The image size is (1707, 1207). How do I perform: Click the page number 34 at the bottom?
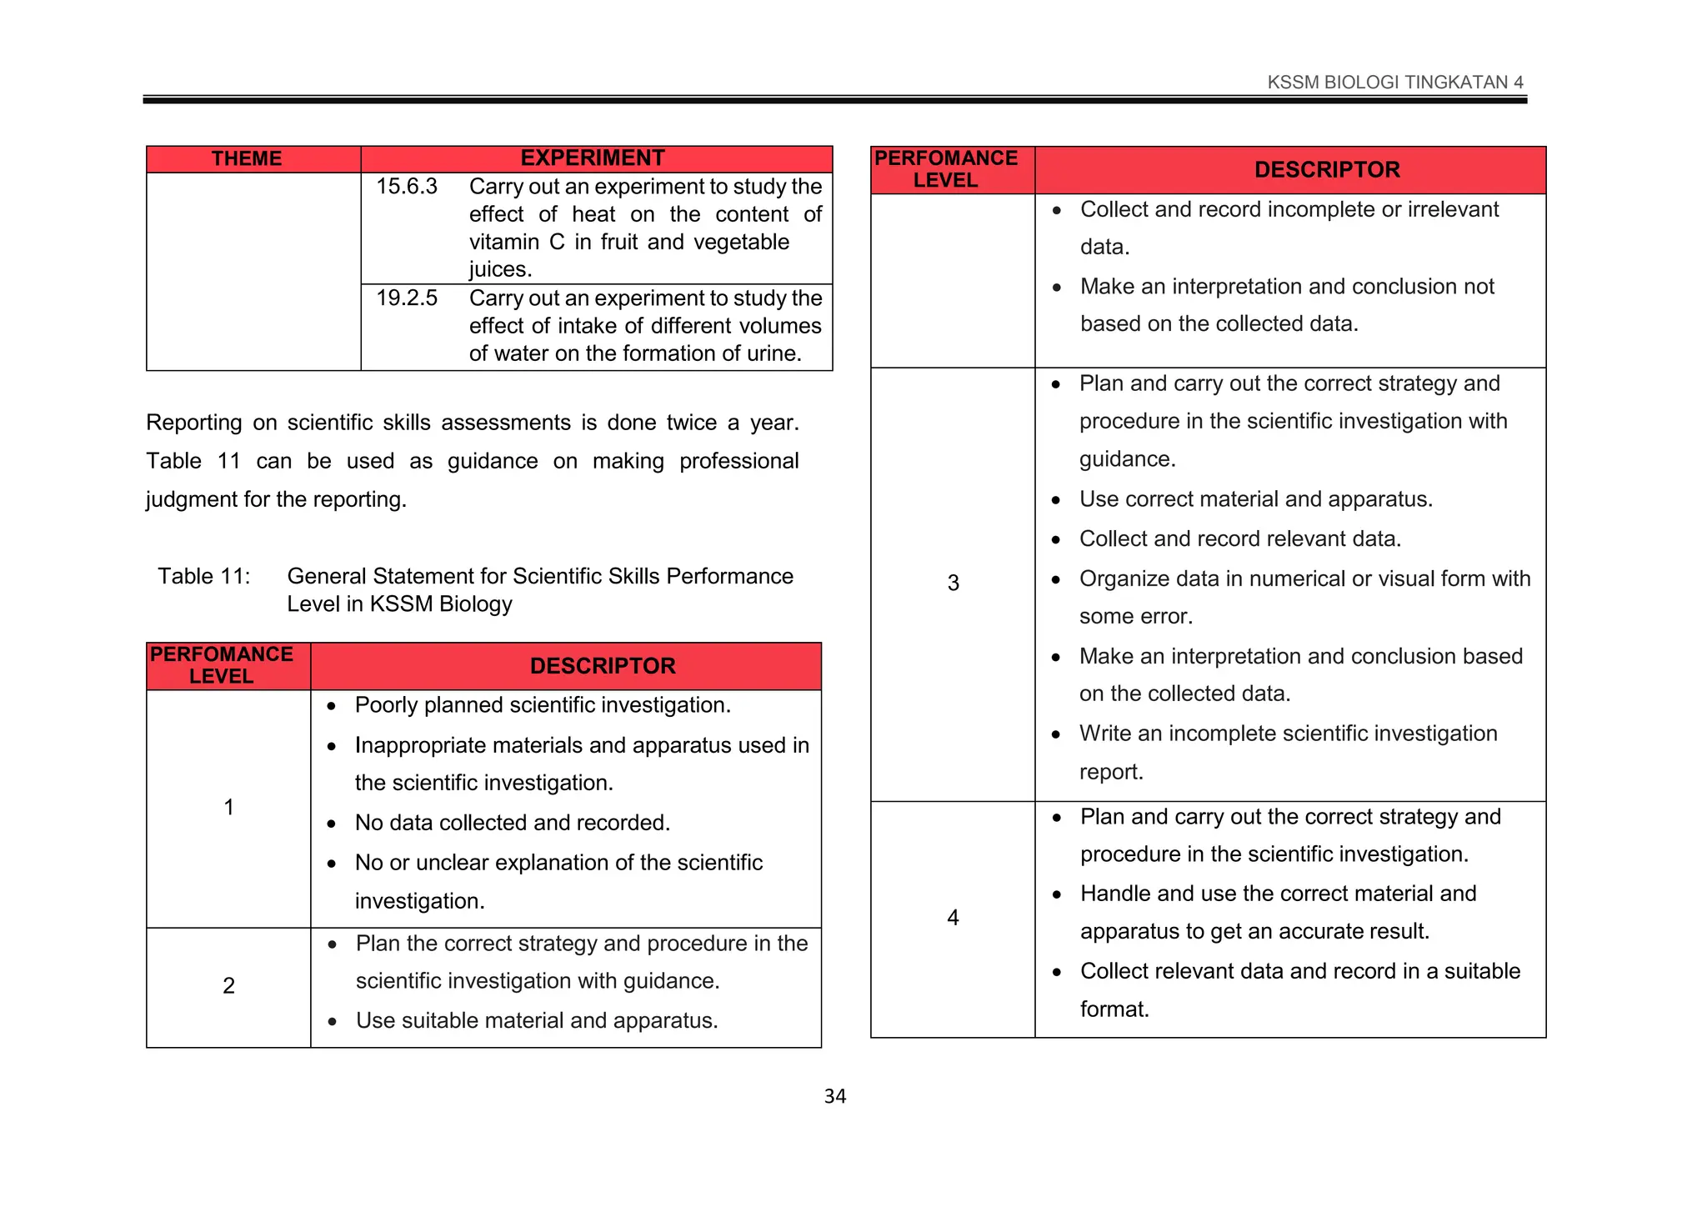tap(834, 1096)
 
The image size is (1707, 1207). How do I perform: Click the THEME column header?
tap(246, 158)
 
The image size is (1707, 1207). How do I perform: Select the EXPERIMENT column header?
tap(592, 158)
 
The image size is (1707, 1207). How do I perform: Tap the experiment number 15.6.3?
tap(406, 186)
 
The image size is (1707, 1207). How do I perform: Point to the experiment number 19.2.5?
tap(406, 298)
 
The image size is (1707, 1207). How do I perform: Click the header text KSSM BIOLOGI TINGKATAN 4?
tap(1394, 82)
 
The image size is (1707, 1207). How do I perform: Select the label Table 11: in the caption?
tap(204, 576)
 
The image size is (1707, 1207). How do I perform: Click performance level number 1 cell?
tap(228, 807)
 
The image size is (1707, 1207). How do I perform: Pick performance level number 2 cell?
tap(228, 985)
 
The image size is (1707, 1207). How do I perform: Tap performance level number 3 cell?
tap(953, 583)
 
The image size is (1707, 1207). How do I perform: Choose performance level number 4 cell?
tap(953, 918)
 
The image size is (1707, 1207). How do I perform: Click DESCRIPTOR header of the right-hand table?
tap(1326, 169)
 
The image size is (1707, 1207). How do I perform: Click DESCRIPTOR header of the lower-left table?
tap(602, 665)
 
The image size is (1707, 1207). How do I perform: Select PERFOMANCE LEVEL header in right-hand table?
tap(945, 169)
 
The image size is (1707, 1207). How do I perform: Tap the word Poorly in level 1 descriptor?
tap(386, 705)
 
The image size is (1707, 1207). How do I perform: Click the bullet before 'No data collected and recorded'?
tap(332, 824)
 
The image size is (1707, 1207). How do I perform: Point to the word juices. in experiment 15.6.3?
tap(500, 269)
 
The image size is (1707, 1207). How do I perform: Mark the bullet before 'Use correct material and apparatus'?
tap(1056, 500)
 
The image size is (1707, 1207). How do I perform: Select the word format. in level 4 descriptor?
tap(1114, 1009)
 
